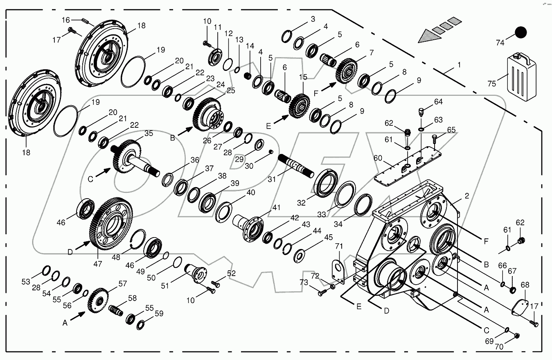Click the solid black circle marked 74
[520, 32]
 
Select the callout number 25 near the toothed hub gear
[230, 90]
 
